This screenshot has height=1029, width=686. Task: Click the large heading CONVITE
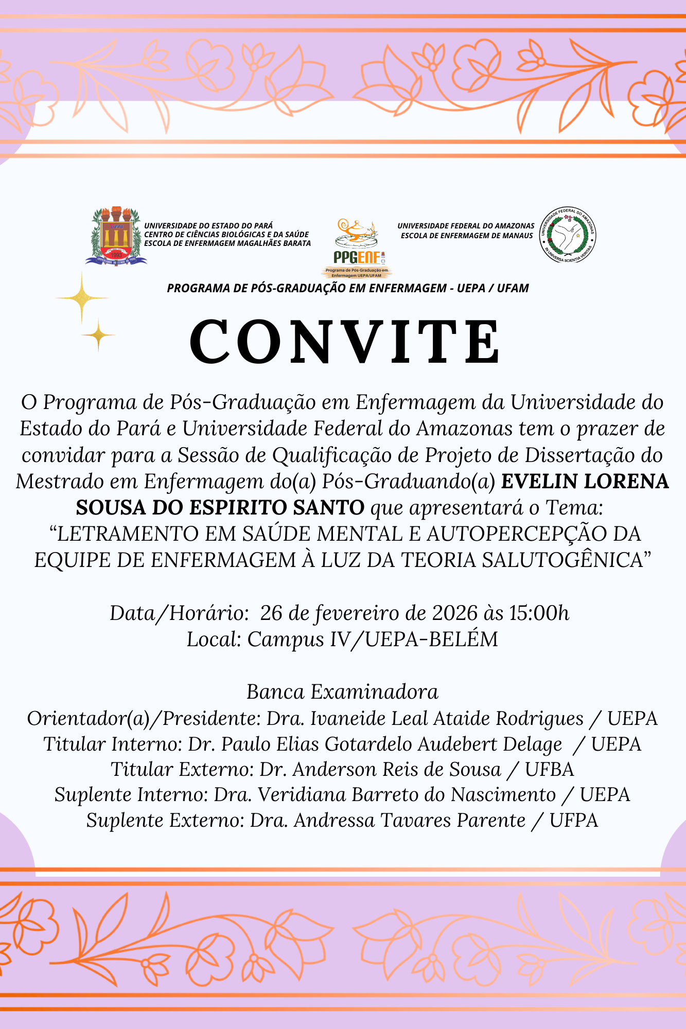344,342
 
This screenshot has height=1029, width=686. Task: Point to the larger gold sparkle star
81,298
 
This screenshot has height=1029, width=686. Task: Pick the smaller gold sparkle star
98,335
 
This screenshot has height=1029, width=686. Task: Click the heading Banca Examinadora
342,692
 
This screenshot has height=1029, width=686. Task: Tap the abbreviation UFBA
549,770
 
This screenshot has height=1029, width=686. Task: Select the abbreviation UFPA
574,821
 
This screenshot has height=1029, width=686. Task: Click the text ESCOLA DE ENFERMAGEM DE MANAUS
467,236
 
